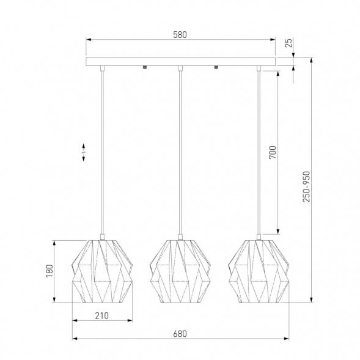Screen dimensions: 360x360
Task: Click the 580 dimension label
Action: click(180, 35)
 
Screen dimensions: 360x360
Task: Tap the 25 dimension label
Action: click(289, 43)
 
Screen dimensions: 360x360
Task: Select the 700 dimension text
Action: click(273, 152)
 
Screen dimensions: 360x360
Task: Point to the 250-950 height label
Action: click(306, 186)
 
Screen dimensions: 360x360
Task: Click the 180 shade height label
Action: click(50, 271)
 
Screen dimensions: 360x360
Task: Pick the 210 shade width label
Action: click(102, 316)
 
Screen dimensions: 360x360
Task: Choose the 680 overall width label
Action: click(180, 334)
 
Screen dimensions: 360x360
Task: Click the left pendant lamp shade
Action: click(103, 271)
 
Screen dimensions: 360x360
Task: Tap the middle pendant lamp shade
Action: click(180, 271)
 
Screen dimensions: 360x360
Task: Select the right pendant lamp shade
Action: click(259, 271)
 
